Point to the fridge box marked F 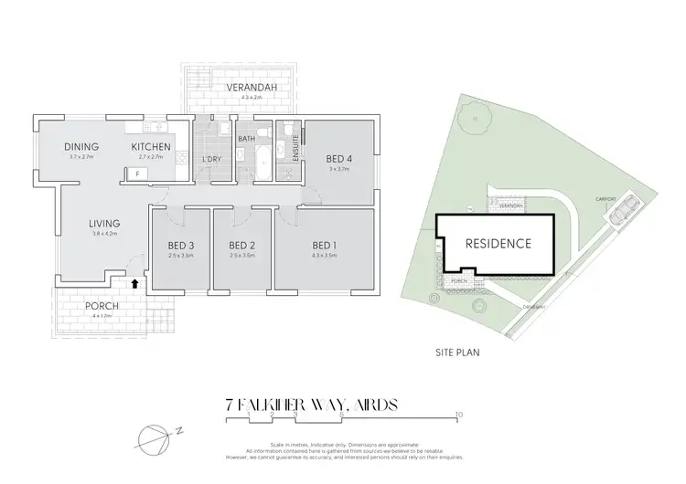pos(137,173)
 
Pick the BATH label pos(247,139)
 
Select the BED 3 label pos(180,244)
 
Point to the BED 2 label pos(241,244)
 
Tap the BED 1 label pos(325,244)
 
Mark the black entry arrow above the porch pos(135,284)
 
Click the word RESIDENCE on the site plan pos(498,244)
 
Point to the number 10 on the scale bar pos(458,414)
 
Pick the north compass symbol pos(155,439)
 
